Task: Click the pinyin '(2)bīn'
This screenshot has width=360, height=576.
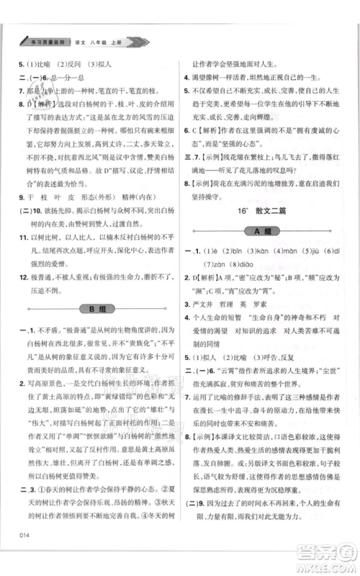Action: [x=238, y=251]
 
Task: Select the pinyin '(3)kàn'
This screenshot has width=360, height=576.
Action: [x=266, y=251]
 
